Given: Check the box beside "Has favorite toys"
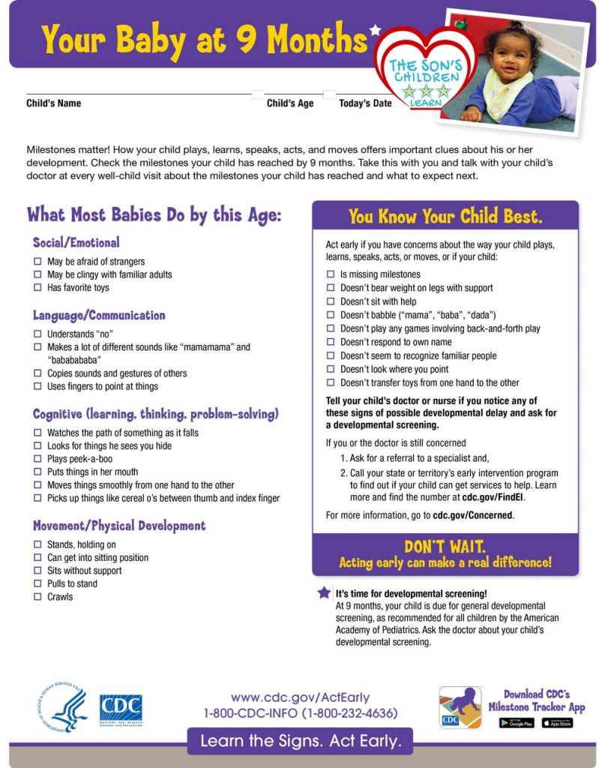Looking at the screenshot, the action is pos(37,288).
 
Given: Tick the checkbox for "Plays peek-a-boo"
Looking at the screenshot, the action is pos(37,459).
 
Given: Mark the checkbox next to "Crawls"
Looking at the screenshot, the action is pos(37,597).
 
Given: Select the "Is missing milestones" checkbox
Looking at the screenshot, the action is pos(331,274).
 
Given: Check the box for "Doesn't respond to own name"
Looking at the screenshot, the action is pos(331,342).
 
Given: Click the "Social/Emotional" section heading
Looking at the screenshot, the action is pos(76,243).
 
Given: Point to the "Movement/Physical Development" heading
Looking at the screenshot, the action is pos(118,526).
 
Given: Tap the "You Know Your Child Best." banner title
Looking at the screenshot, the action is pos(445,217).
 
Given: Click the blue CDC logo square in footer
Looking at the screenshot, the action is pos(121,709).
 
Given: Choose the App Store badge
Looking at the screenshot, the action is pos(557,723).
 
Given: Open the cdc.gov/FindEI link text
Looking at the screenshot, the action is pos(493,497).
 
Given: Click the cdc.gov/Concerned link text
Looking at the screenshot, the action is pos(472,515).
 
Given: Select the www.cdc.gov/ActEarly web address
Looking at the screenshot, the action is pos(300,697).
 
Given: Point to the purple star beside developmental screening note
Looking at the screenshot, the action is pos(324,592).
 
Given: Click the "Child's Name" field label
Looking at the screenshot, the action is pos(54,103).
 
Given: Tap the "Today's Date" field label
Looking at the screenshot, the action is pos(365,103).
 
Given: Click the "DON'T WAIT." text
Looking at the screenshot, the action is pos(445,547).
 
